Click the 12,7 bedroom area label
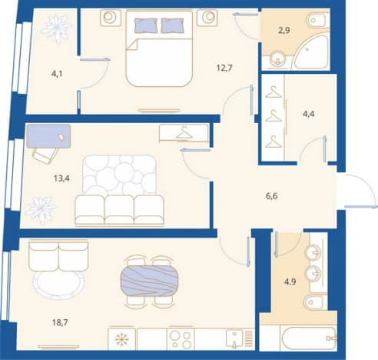pos(224,68)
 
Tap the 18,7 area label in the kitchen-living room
pos(60,322)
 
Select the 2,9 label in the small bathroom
pos(284,31)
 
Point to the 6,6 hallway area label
pos(272,196)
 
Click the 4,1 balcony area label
pos(57,74)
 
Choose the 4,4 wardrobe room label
pos(309,114)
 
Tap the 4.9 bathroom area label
pos(290,282)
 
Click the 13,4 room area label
pos(61,178)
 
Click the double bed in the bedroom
pos(159,48)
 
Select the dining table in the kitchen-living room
pos(149,281)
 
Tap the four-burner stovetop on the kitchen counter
pos(181,338)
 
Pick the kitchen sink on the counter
pos(234,338)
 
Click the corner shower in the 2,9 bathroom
pos(311,52)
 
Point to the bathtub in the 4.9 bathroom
pos(309,338)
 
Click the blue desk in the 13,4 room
pos(48,136)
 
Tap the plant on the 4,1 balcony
pos(56,28)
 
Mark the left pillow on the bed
pos(145,25)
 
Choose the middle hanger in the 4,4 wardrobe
pos(274,116)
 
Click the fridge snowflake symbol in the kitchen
pos(122,339)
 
